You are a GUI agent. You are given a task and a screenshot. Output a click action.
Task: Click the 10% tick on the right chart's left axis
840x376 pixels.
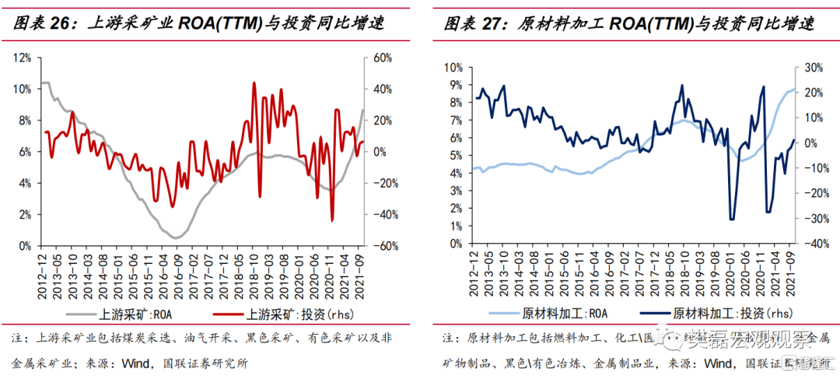click(453, 67)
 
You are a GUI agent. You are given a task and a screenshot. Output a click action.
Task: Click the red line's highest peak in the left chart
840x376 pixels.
click(254, 83)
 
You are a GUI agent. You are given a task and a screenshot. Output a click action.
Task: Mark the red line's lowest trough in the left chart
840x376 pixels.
click(332, 221)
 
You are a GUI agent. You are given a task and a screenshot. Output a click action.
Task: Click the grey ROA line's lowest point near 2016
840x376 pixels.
click(177, 237)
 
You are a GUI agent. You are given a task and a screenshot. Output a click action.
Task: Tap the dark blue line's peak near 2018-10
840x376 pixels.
click(682, 86)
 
